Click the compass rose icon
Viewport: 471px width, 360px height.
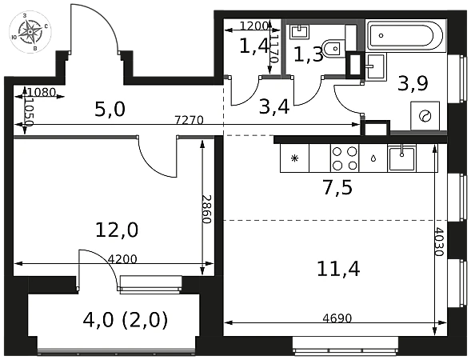click(x=30, y=32)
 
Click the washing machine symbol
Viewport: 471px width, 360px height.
click(x=425, y=116)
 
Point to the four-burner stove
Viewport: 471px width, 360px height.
click(x=345, y=158)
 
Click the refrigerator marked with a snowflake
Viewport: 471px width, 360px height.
click(x=294, y=158)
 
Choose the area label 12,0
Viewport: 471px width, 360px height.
click(x=117, y=230)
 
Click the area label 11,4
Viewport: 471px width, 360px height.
click(x=338, y=269)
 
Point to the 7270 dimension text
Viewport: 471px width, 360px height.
click(x=190, y=120)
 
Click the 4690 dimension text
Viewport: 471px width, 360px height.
click(x=337, y=318)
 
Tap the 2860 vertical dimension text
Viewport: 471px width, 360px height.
click(x=207, y=209)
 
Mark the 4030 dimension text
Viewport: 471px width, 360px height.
click(x=440, y=242)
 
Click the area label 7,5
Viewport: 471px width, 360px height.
click(x=338, y=188)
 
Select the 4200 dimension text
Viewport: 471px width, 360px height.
click(x=122, y=258)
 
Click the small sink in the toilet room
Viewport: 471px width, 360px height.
click(x=299, y=31)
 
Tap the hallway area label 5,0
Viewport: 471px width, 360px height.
click(x=110, y=109)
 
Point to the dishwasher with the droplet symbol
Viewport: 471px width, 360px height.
click(x=373, y=158)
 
